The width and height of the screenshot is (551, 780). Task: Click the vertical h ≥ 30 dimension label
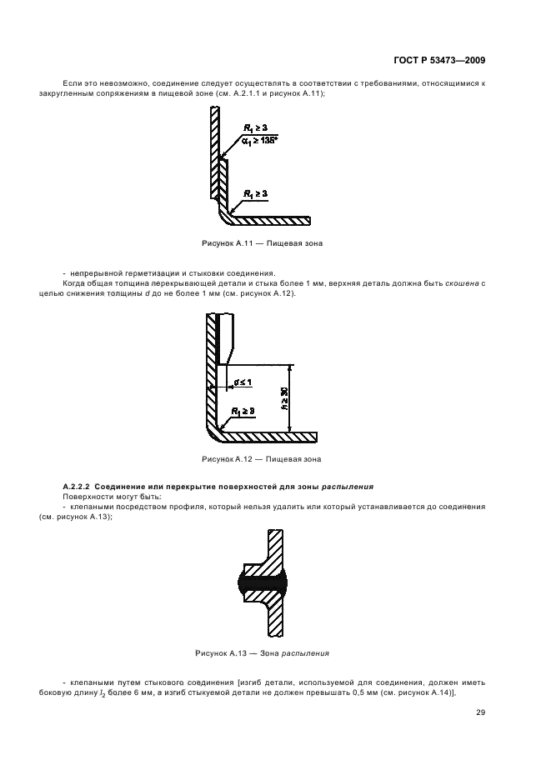(284, 397)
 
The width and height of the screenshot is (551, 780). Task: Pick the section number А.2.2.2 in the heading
(81, 486)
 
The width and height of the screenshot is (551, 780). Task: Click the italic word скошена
(464, 284)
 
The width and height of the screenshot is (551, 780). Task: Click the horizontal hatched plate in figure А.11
(271, 221)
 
